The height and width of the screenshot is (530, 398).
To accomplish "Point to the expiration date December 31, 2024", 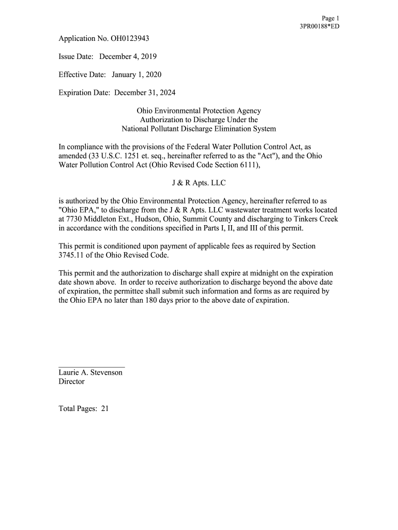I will (x=145, y=93).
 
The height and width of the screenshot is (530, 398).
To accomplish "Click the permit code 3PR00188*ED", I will (x=319, y=26).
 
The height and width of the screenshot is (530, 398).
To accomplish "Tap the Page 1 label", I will (x=330, y=18).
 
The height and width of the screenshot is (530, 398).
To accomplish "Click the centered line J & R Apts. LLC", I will (x=198, y=183).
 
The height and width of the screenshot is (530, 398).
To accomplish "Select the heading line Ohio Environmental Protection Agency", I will (x=198, y=111).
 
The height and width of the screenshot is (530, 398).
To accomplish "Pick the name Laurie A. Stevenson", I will (x=90, y=372).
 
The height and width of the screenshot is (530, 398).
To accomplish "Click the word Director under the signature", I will (x=72, y=381).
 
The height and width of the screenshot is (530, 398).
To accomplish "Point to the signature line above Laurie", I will (x=91, y=366).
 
